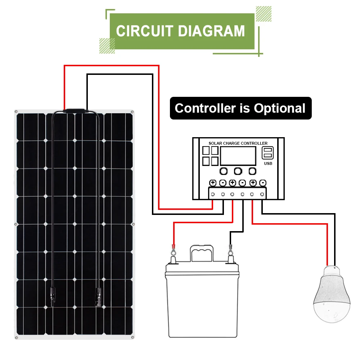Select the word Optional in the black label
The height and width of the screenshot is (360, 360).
pos(279,108)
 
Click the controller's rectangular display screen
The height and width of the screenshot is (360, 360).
pos(238,156)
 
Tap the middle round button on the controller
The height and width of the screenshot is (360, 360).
pos(238,171)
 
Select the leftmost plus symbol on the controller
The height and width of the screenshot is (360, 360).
pos(213,183)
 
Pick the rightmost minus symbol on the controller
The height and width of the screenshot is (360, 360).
pos(263,183)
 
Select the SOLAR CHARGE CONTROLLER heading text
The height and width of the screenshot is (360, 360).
pos(238,143)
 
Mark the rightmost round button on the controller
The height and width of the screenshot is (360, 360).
pos(253,171)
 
